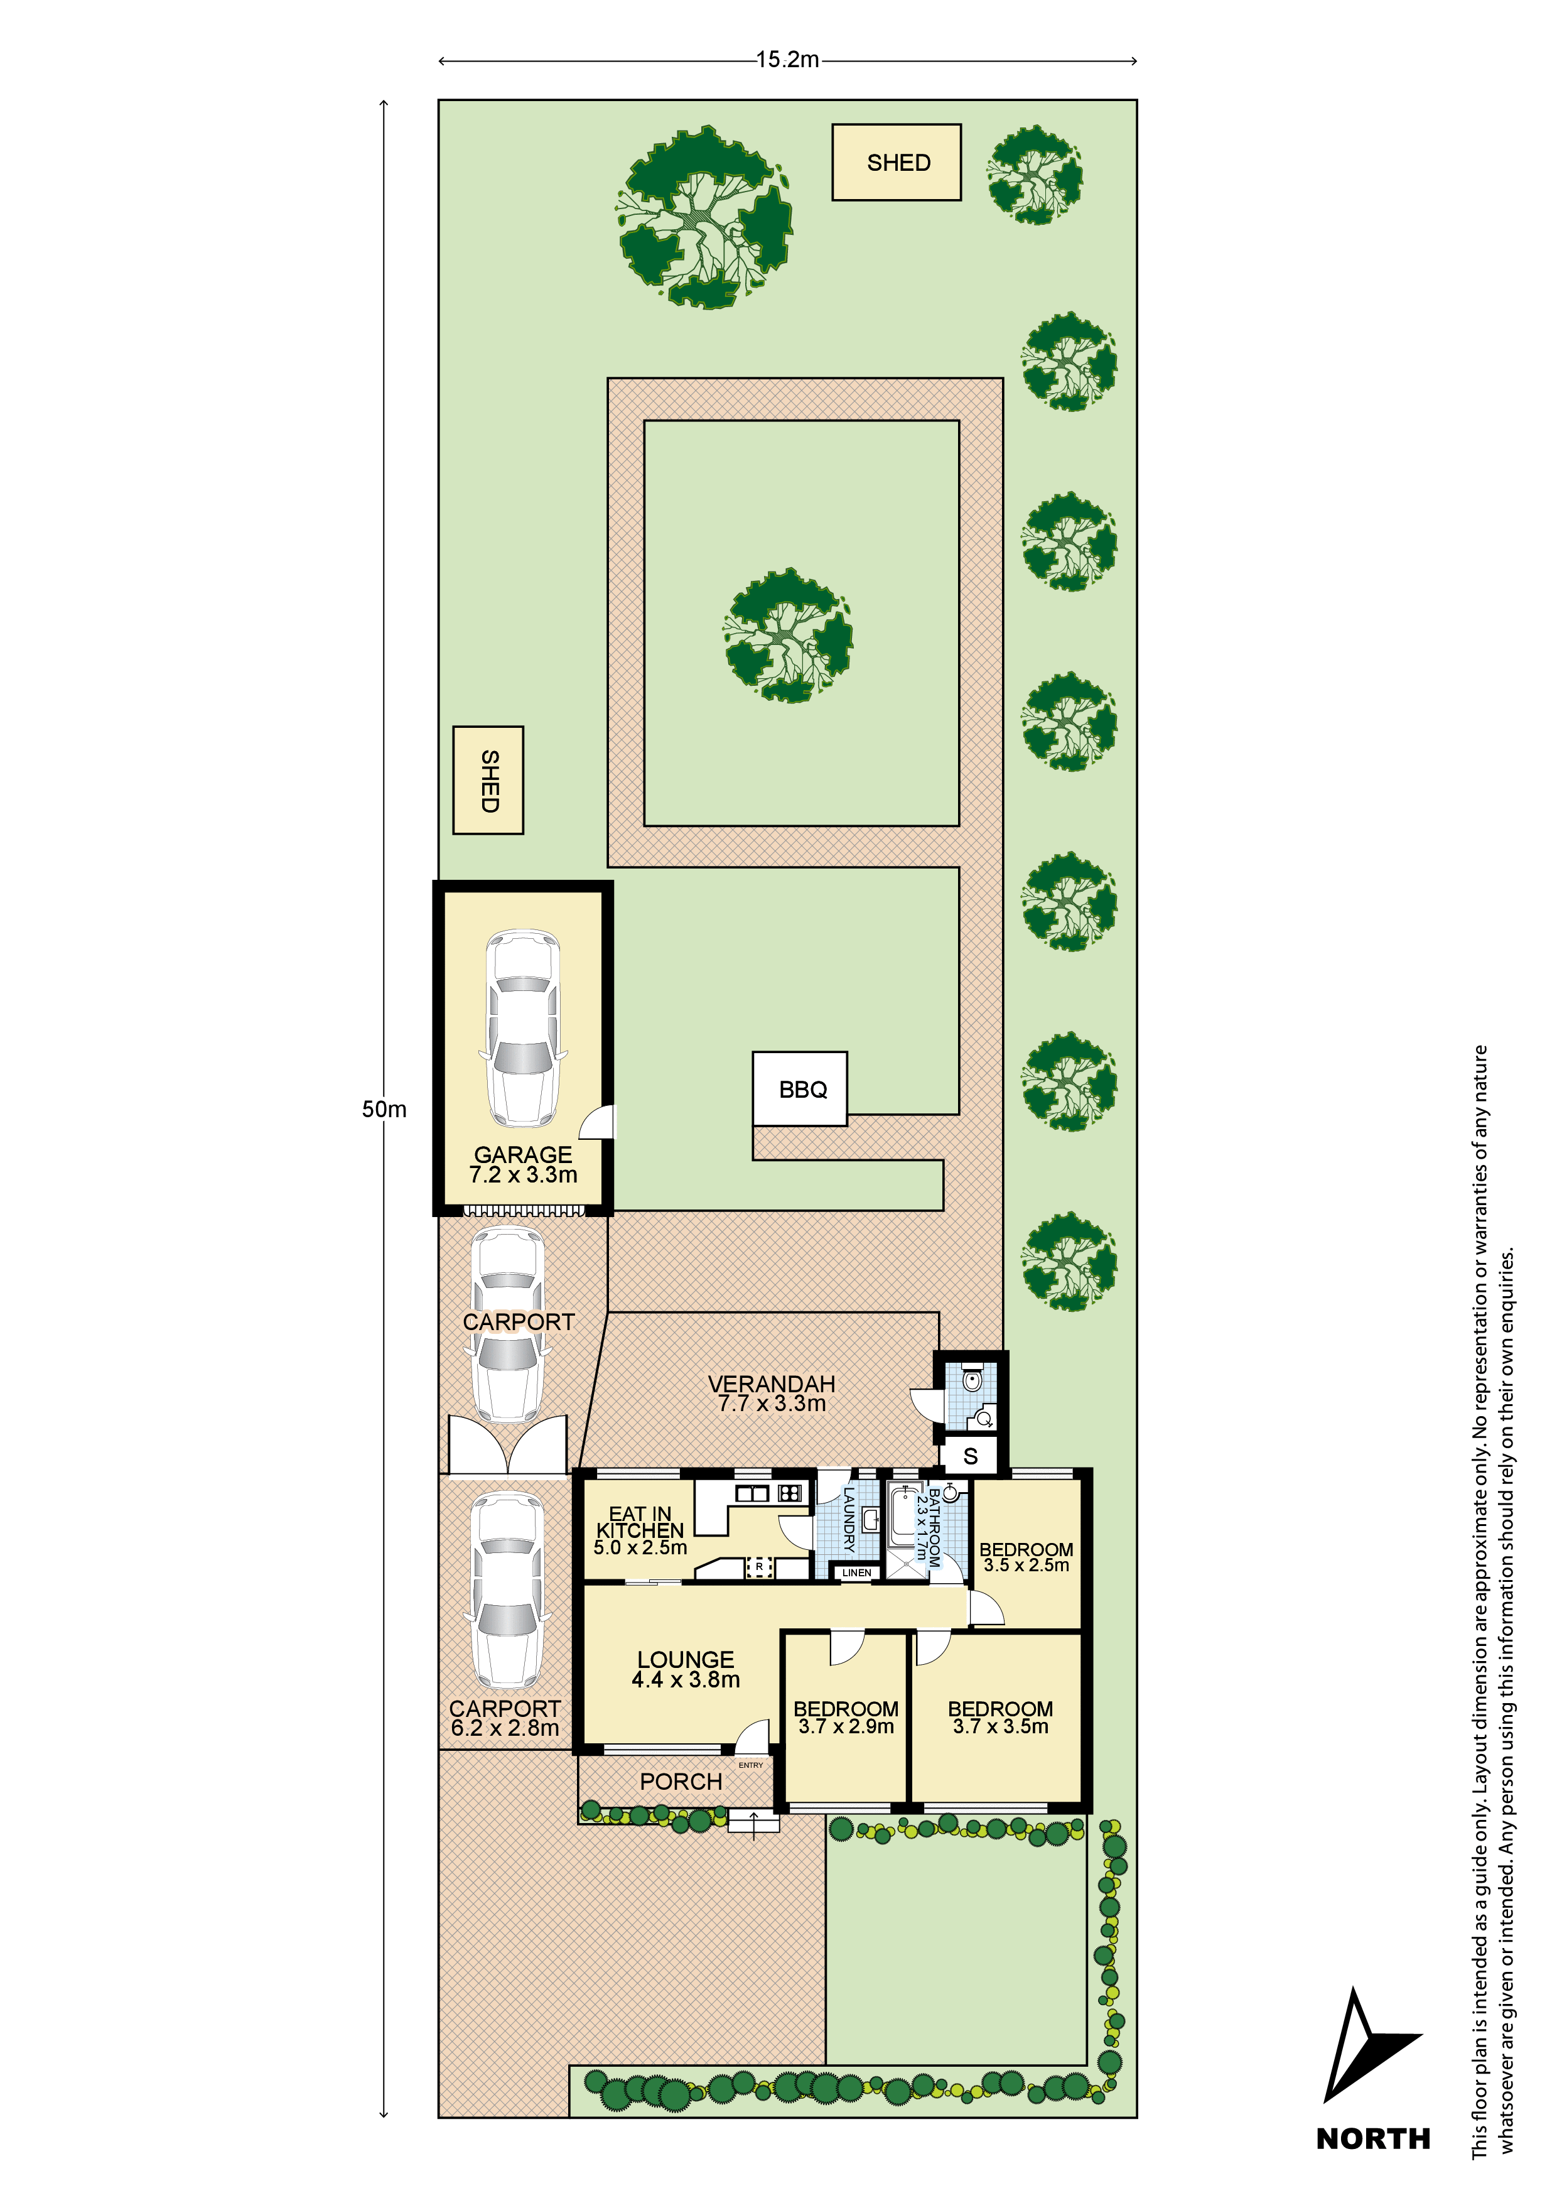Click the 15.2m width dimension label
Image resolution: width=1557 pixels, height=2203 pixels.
[x=787, y=60]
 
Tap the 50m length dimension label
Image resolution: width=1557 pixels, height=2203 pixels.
[x=384, y=1109]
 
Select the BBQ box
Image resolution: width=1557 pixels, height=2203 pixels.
[x=800, y=1089]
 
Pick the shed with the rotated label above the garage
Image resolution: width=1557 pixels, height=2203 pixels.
[x=488, y=780]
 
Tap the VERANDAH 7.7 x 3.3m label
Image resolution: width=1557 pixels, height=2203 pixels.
[x=772, y=1393]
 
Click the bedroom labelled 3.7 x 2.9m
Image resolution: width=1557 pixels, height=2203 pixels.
[x=845, y=1718]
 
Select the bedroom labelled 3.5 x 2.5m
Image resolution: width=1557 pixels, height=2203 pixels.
[x=1025, y=1557]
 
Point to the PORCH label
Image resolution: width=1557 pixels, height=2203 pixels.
[x=680, y=1782]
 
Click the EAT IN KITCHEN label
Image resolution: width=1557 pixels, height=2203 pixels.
[x=640, y=1530]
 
